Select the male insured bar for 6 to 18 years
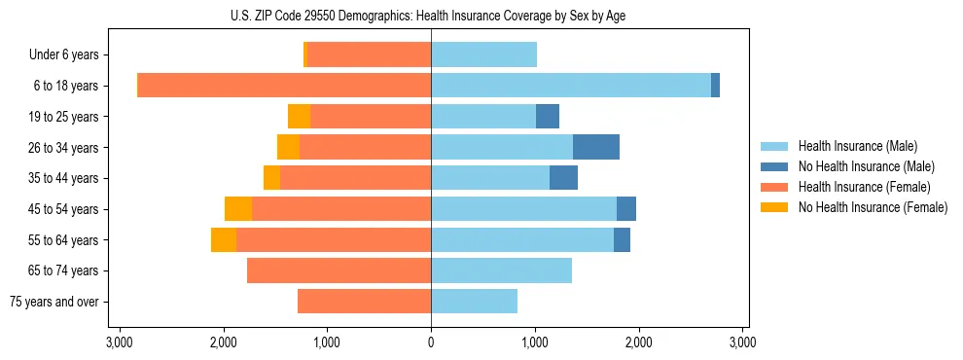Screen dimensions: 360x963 pos(571,86)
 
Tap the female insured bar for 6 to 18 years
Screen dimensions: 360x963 pos(284,86)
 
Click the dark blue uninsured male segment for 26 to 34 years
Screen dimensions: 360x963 pos(596,147)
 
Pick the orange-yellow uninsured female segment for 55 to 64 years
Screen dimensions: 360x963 pos(224,239)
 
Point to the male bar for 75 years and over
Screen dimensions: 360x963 pos(475,302)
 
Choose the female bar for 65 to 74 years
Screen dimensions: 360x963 pos(339,270)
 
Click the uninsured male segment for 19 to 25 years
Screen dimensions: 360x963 pos(548,117)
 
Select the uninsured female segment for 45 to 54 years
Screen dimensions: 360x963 pos(238,208)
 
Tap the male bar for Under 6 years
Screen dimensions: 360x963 pos(484,54)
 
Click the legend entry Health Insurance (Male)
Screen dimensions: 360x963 pos(857,146)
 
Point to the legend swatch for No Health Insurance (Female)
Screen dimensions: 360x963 pos(774,207)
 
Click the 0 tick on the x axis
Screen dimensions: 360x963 pos(431,342)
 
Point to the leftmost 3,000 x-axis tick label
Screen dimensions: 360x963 pos(120,342)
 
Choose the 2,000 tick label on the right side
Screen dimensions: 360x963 pos(638,342)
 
